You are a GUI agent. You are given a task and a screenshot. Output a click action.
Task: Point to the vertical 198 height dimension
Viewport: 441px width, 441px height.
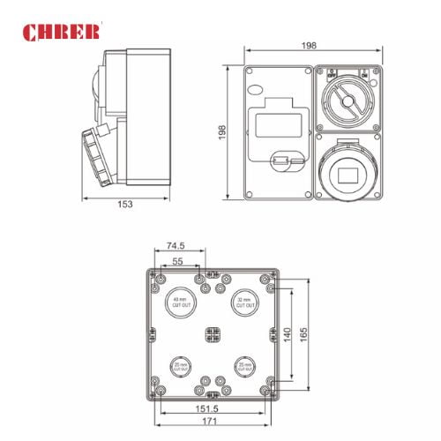[223, 131]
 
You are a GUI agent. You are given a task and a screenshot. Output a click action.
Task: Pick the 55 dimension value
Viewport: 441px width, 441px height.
[177, 262]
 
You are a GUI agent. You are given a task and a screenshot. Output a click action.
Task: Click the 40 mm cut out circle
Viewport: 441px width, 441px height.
[181, 303]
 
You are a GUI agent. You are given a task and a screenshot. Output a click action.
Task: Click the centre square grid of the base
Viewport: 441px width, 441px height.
[213, 334]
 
